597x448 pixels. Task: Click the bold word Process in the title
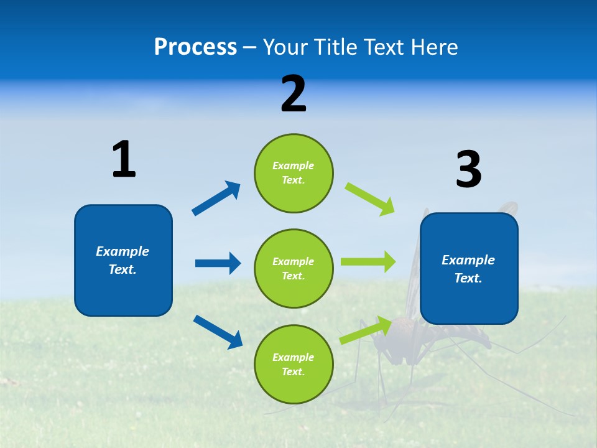[x=195, y=47]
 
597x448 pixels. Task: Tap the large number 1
[x=124, y=159]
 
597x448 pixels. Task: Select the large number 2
[x=294, y=94]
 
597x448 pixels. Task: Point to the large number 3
[x=468, y=169]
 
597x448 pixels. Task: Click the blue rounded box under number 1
[x=123, y=260]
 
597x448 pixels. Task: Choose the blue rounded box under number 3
[x=469, y=268]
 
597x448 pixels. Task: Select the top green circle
[x=294, y=172]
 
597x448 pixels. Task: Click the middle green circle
[x=294, y=268]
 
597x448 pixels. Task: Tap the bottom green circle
[x=294, y=364]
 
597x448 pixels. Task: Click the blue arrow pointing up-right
[x=216, y=198]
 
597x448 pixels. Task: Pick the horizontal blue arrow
[x=218, y=263]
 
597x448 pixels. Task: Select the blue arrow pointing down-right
[x=218, y=332]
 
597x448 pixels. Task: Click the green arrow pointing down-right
[x=370, y=198]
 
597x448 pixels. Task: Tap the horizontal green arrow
[x=368, y=262]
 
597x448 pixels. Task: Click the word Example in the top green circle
[x=294, y=166]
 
